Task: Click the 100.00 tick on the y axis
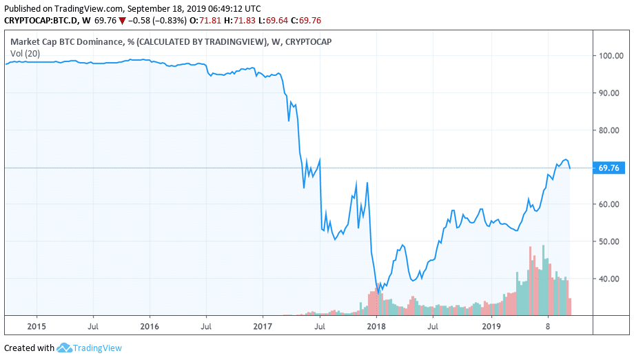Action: (x=610, y=56)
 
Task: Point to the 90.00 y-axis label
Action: (x=610, y=93)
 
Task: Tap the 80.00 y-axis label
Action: (x=610, y=130)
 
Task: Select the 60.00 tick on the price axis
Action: (x=610, y=204)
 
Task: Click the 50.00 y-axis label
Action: (x=610, y=241)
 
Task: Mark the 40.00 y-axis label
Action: (x=610, y=279)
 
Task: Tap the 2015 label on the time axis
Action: (x=37, y=326)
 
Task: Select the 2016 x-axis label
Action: (x=150, y=326)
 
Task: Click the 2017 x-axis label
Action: (x=263, y=326)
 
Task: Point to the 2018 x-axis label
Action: (x=376, y=326)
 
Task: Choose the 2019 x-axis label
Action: (x=489, y=326)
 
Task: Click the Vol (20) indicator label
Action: (x=24, y=53)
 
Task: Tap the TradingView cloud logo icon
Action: (x=65, y=348)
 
